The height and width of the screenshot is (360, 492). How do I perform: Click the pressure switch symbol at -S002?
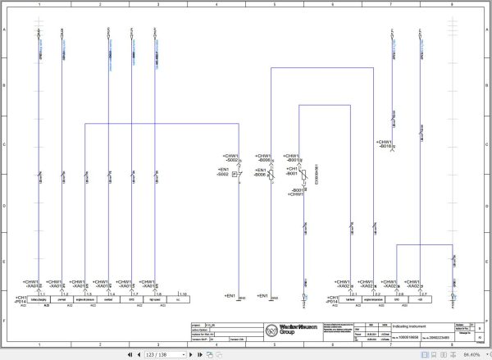pos(235,175)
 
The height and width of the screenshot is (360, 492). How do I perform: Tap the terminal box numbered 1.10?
pos(183,293)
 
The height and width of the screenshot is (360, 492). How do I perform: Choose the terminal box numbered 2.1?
pos(354,293)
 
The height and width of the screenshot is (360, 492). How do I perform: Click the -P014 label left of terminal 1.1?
pos(21,301)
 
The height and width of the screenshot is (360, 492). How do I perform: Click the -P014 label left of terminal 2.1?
pos(331,301)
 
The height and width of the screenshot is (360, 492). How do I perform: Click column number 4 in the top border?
pos(216,5)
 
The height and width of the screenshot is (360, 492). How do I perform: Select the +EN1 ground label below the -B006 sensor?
pos(263,295)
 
